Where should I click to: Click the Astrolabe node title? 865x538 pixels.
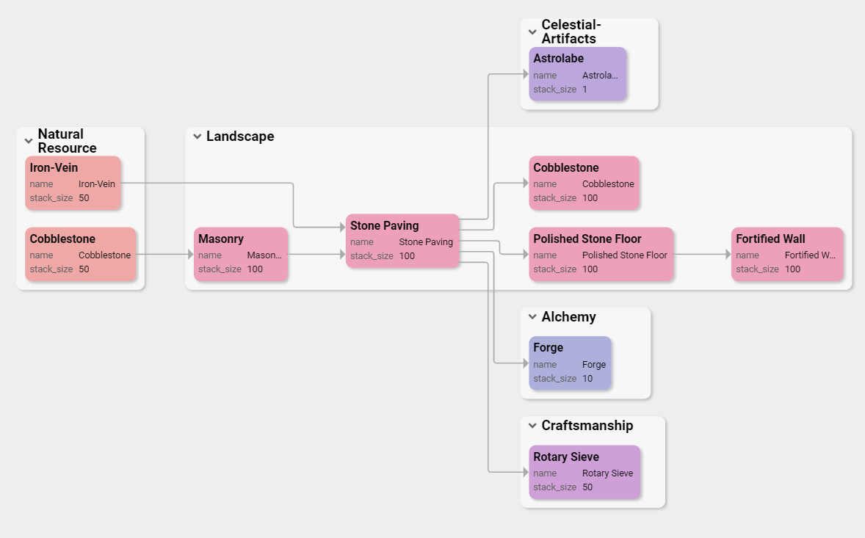pyautogui.click(x=558, y=59)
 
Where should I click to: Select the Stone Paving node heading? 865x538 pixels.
pyautogui.click(x=384, y=226)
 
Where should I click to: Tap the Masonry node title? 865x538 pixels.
pyautogui.click(x=220, y=239)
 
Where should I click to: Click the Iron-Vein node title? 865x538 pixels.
pyautogui.click(x=54, y=168)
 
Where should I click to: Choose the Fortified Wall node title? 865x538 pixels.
pyautogui.click(x=770, y=239)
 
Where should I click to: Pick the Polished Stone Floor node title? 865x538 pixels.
pyautogui.click(x=587, y=239)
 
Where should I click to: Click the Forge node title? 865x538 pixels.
pyautogui.click(x=548, y=348)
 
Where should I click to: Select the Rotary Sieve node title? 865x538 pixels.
pyautogui.click(x=565, y=457)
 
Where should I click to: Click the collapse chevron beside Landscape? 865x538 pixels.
pyautogui.click(x=197, y=137)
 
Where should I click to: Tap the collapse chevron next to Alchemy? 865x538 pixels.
pyautogui.click(x=532, y=317)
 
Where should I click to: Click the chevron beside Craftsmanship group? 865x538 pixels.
pyautogui.click(x=532, y=426)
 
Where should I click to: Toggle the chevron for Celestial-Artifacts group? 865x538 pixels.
pyautogui.click(x=532, y=32)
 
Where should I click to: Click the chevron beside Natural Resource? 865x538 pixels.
pyautogui.click(x=29, y=141)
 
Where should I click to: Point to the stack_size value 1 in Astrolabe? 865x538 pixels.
pyautogui.click(x=584, y=90)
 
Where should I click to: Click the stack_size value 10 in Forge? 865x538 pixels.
pyautogui.click(x=587, y=379)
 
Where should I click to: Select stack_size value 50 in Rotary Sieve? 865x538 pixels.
pyautogui.click(x=587, y=487)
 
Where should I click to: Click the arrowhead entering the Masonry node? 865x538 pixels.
pyautogui.click(x=190, y=255)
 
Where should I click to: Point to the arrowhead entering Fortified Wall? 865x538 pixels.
pyautogui.click(x=728, y=255)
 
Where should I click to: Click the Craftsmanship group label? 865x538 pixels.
pyautogui.click(x=587, y=426)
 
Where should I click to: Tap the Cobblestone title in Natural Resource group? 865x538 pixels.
pyautogui.click(x=62, y=239)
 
